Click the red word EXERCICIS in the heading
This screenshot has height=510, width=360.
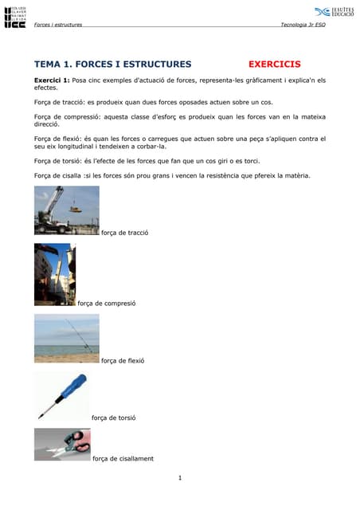pyautogui.click(x=274, y=64)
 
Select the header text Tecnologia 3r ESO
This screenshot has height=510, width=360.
pyautogui.click(x=303, y=24)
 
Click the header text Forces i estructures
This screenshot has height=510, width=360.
pyautogui.click(x=58, y=24)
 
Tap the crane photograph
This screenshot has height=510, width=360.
pyautogui.click(x=67, y=210)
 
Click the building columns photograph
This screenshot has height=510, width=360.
pyautogui.click(x=54, y=273)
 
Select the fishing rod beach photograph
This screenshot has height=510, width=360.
pyautogui.click(x=67, y=338)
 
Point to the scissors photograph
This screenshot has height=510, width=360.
pyautogui.click(x=62, y=444)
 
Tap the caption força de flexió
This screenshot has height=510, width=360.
pyautogui.click(x=123, y=360)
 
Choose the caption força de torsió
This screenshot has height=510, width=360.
pyautogui.click(x=114, y=418)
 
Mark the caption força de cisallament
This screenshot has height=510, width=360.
pyautogui.click(x=123, y=458)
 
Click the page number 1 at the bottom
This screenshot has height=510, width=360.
pyautogui.click(x=181, y=478)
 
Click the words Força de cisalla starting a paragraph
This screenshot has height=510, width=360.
pyautogui.click(x=57, y=175)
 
